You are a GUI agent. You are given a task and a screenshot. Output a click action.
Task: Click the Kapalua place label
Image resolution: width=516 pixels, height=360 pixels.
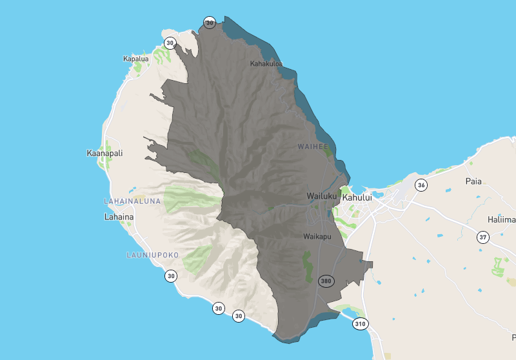135,59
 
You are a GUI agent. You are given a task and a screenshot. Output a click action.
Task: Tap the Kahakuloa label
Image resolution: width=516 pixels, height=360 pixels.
266,64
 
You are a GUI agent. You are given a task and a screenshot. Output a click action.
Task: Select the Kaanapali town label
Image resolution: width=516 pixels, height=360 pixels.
104,154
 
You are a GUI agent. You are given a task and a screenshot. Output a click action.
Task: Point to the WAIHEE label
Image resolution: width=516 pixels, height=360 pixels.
313,146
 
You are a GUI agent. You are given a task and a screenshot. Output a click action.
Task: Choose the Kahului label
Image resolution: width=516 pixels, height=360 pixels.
358,197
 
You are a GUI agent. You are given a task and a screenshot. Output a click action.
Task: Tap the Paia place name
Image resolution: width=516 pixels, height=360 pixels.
473,181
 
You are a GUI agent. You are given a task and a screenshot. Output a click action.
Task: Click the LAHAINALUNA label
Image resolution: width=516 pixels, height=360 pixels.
132,201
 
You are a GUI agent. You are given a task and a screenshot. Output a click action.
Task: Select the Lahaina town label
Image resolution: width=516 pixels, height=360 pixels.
119,217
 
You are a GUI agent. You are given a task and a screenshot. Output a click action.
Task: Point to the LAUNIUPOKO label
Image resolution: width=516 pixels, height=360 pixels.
152,255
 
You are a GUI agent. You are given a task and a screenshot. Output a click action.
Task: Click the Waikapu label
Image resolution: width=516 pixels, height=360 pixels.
317,237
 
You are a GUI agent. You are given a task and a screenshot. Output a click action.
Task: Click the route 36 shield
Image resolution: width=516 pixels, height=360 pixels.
421,185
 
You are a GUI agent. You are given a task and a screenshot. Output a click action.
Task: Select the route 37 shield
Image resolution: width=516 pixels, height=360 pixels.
482,237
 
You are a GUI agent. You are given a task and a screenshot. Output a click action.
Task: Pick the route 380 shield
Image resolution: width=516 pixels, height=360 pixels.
326,281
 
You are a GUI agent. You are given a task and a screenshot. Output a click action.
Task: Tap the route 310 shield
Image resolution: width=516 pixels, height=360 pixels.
360,324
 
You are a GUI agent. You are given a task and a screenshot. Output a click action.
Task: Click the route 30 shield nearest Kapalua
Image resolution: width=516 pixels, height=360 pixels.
170,43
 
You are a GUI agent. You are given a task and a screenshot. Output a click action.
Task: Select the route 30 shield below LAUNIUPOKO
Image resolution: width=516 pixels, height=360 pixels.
170,276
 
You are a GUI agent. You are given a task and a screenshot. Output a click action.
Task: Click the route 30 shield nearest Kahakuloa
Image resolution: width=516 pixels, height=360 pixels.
209,23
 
